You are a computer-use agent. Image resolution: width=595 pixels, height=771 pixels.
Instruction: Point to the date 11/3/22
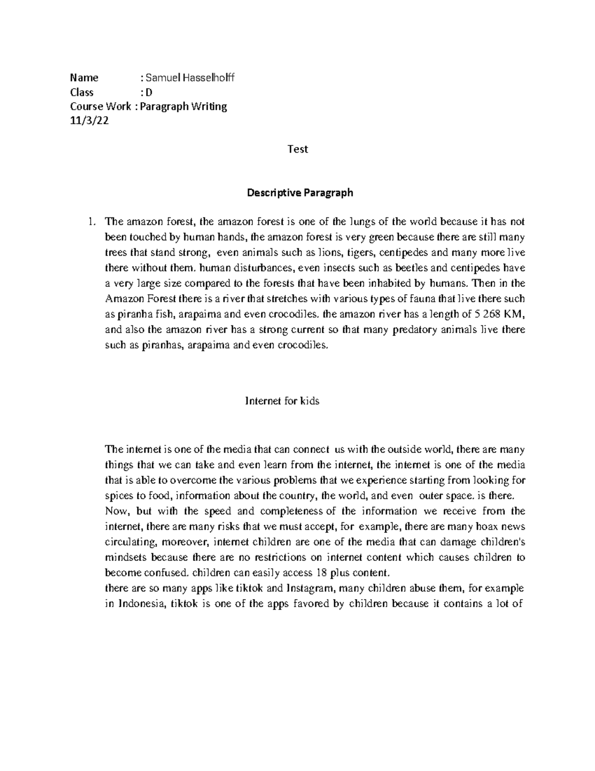coord(89,121)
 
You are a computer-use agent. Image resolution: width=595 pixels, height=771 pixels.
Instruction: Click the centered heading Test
coord(298,149)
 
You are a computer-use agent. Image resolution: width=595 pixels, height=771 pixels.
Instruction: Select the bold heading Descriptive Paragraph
coord(300,193)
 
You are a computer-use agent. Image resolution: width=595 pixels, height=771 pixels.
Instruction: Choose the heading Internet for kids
coord(283,401)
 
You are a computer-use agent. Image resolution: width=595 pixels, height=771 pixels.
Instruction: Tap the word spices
coord(118,496)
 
